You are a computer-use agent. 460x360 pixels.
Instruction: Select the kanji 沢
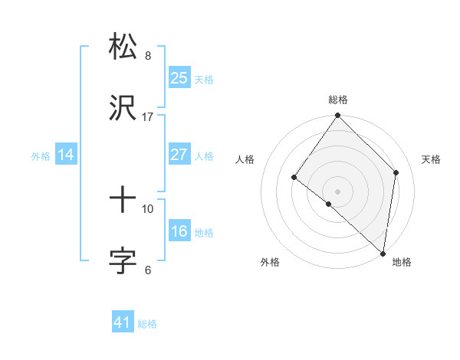click(x=123, y=108)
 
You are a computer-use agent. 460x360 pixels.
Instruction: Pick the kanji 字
click(x=123, y=261)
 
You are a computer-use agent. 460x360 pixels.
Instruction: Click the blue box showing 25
click(x=179, y=77)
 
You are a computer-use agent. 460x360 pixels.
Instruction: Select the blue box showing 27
click(x=179, y=155)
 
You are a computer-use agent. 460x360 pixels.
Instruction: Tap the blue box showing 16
click(x=179, y=231)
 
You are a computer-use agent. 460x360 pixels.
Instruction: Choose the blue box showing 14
click(x=66, y=155)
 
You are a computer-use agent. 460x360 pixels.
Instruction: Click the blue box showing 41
click(x=123, y=322)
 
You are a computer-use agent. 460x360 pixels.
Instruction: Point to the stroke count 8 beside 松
click(x=148, y=55)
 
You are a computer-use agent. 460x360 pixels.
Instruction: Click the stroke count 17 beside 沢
click(x=147, y=117)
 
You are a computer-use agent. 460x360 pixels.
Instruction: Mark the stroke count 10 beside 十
click(x=148, y=208)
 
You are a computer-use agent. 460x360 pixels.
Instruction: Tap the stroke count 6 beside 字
click(x=148, y=270)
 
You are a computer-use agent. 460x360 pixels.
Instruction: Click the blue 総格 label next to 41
click(x=147, y=324)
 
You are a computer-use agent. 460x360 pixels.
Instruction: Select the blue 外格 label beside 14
click(x=41, y=155)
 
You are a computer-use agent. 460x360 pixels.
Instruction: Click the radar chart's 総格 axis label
click(x=338, y=100)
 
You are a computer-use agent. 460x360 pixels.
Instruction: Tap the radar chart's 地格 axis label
click(x=402, y=262)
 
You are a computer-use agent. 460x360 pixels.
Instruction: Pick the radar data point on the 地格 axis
click(x=383, y=252)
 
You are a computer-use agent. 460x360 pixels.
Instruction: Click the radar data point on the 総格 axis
click(x=338, y=116)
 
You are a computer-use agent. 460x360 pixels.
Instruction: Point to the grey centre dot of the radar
click(x=338, y=191)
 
